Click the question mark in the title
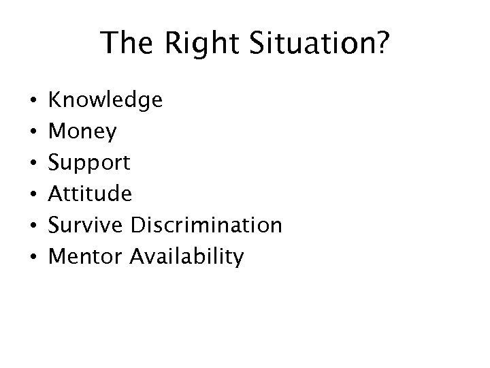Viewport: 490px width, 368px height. (x=383, y=44)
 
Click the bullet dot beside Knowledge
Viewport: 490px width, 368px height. (x=25, y=102)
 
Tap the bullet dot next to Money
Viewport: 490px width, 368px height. (x=25, y=133)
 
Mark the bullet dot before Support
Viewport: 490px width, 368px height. (x=25, y=164)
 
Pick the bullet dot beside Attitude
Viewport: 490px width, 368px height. (x=25, y=195)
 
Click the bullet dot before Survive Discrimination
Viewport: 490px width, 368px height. (x=25, y=226)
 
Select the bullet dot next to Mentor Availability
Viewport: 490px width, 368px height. (x=25, y=258)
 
